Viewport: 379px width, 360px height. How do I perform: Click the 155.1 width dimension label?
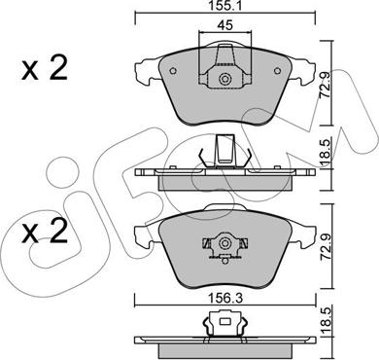pyautogui.click(x=224, y=6)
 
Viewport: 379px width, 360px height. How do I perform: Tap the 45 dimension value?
pyautogui.click(x=224, y=25)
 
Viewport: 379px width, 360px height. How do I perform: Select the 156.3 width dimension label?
pyautogui.click(x=225, y=298)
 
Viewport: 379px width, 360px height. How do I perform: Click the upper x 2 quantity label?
pyautogui.click(x=45, y=67)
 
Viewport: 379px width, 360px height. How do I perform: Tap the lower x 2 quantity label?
pyautogui.click(x=45, y=231)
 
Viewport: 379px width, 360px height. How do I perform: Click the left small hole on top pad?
pyautogui.click(x=173, y=70)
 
